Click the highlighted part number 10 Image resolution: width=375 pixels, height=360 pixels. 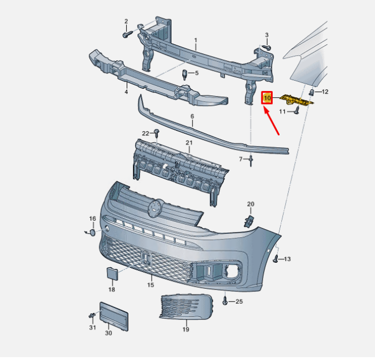click(267, 98)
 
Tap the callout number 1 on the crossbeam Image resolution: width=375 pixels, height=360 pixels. click(195, 41)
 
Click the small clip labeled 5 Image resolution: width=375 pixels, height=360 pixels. click(185, 74)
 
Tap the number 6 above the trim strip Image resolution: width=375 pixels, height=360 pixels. click(192, 116)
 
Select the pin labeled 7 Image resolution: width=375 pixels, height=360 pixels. click(250, 160)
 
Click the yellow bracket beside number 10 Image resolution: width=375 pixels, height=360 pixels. click(297, 101)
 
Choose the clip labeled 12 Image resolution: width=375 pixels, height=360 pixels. click(312, 92)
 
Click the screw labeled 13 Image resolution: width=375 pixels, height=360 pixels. click(276, 259)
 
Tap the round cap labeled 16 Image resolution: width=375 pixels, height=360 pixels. click(91, 231)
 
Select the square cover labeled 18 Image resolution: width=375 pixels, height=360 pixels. click(112, 274)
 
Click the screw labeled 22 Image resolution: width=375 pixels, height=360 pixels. click(157, 134)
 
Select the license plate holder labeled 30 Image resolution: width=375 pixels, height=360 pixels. click(114, 316)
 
